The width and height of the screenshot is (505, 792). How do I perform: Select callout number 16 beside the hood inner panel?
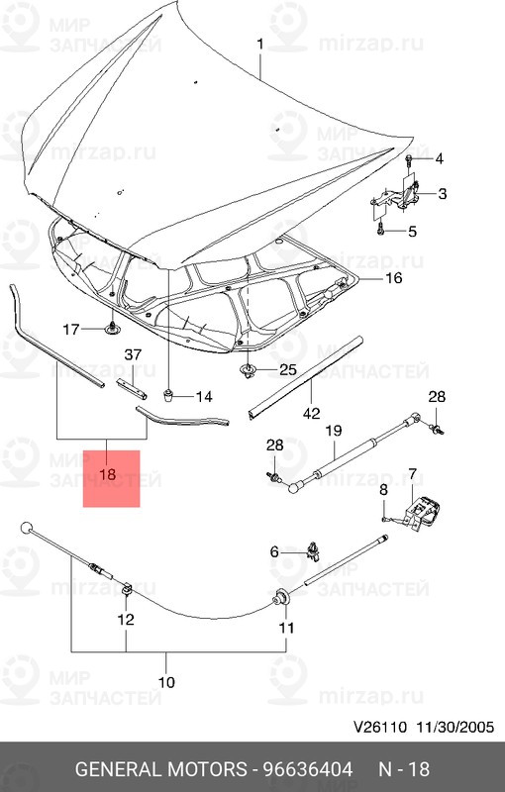(x=393, y=278)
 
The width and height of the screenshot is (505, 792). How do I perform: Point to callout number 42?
(x=311, y=414)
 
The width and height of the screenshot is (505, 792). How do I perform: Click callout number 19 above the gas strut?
(x=333, y=431)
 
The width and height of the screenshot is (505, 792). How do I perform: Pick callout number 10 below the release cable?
(x=165, y=682)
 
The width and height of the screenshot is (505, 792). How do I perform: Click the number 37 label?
(x=133, y=355)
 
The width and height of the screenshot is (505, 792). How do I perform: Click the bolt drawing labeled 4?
(x=409, y=158)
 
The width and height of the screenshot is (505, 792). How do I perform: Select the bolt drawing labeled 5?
(x=381, y=232)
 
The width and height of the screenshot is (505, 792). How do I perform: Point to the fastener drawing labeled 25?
(x=247, y=371)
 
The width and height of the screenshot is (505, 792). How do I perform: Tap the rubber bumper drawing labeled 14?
(x=169, y=396)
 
